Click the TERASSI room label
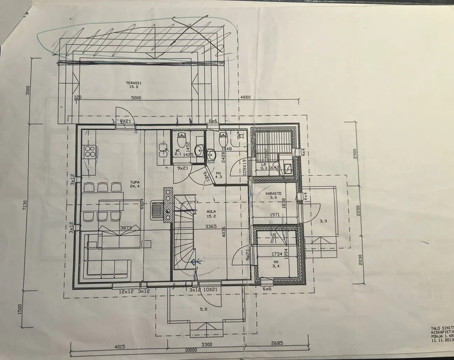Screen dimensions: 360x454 click(131, 83)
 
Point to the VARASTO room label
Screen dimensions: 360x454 click(273, 193)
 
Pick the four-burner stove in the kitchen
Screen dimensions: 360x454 click(90, 151)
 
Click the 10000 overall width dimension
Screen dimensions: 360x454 click(190, 350)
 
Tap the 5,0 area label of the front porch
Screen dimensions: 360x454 click(204, 309)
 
